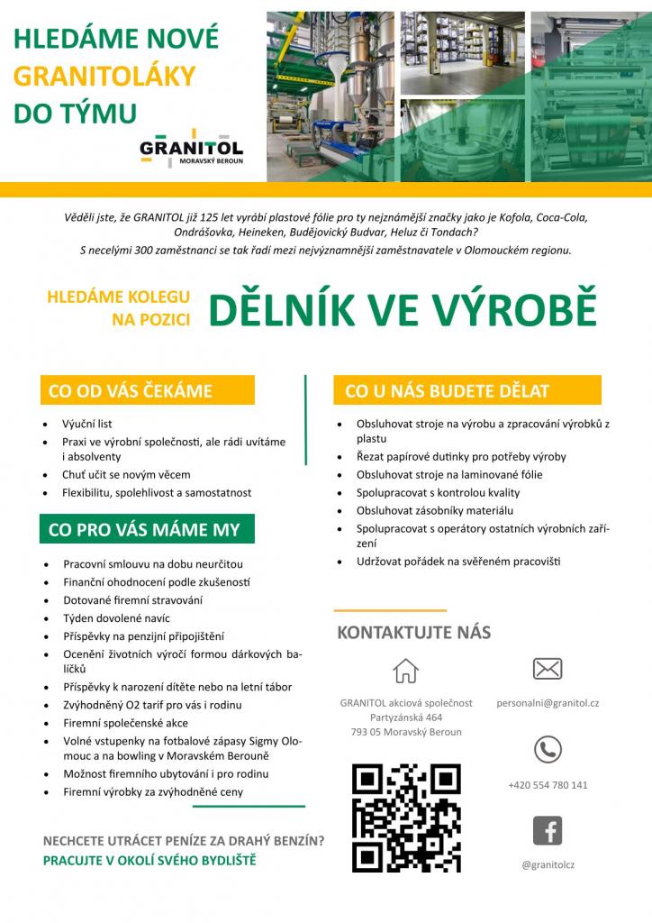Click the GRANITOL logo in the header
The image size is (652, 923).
(191, 151)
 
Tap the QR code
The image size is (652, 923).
(405, 818)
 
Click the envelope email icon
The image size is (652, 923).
(548, 669)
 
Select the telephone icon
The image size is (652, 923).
(548, 749)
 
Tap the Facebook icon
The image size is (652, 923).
(548, 830)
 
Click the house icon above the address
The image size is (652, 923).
(406, 671)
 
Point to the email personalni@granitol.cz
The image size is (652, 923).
(548, 702)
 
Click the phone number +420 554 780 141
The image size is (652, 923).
(548, 785)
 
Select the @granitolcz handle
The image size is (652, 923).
(548, 865)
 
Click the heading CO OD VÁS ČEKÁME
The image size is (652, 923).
(131, 391)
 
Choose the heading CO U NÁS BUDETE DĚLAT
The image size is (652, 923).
(448, 391)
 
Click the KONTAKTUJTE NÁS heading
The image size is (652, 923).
(413, 633)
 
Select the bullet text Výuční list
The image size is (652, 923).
(86, 424)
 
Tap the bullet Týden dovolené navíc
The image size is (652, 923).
(116, 618)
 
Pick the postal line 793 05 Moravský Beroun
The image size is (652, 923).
(406, 732)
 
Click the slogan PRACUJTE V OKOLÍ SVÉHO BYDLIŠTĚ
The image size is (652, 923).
(149, 860)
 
